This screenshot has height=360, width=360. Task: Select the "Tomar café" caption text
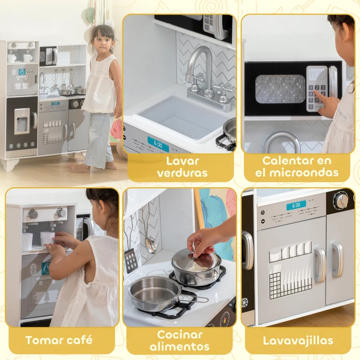[x=59, y=340]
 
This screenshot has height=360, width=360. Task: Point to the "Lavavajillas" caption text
[x=298, y=340]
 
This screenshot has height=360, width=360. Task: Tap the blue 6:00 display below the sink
[x=158, y=144]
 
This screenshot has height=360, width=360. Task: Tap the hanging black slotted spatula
[x=131, y=258]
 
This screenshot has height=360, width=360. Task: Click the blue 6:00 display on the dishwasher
[x=296, y=205]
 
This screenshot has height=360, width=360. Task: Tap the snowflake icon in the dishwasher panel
[x=245, y=301]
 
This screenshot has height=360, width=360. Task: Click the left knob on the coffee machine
[x=33, y=214]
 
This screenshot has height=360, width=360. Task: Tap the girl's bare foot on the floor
[x=79, y=168]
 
